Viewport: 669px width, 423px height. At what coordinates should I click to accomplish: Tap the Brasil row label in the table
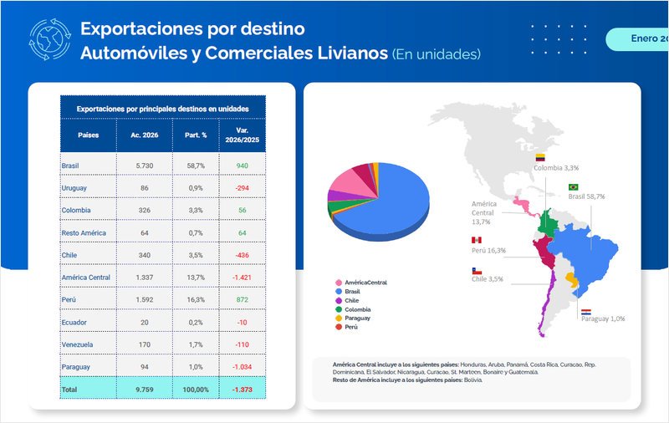click(x=70, y=166)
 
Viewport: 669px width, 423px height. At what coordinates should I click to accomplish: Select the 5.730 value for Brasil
click(x=145, y=166)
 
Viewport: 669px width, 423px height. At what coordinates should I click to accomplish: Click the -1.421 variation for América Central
click(x=242, y=278)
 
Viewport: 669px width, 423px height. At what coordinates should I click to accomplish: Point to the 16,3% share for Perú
click(x=195, y=299)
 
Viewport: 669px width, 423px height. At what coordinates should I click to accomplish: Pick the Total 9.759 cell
click(x=145, y=389)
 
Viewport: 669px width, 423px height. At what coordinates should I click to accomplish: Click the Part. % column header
click(x=195, y=135)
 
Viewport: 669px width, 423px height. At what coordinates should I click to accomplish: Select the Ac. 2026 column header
click(x=145, y=135)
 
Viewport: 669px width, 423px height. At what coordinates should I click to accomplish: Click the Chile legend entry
click(x=351, y=300)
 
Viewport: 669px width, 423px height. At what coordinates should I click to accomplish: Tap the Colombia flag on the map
click(x=540, y=157)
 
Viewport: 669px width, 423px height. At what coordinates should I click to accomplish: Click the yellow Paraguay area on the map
click(x=571, y=278)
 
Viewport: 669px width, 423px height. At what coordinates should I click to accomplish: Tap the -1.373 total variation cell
click(x=242, y=389)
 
